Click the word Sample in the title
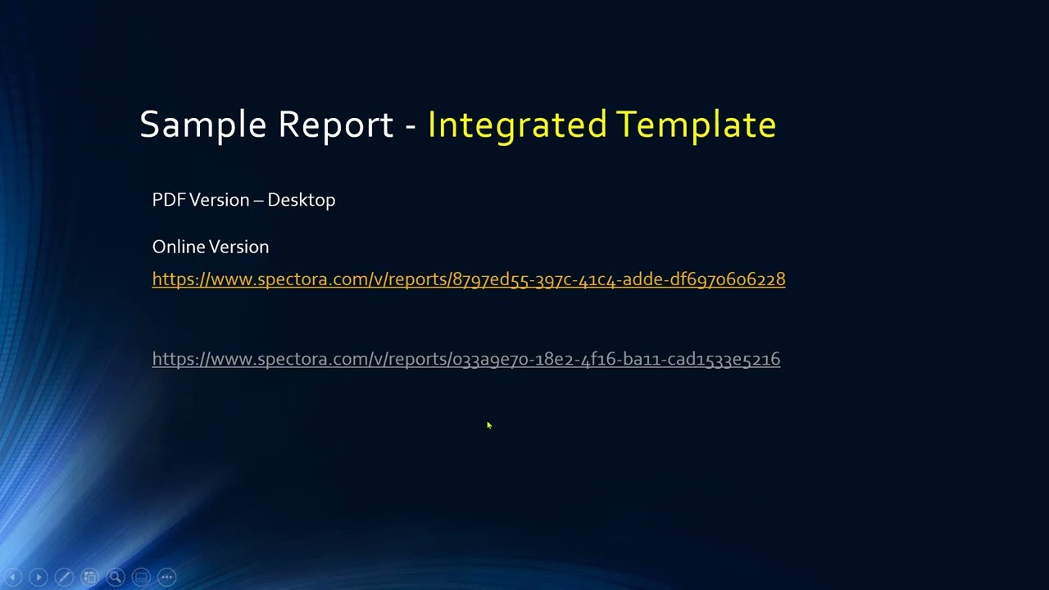click(x=202, y=125)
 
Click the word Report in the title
click(x=335, y=125)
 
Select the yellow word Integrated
click(x=517, y=125)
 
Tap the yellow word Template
click(x=696, y=125)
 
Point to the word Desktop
click(x=301, y=200)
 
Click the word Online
click(x=176, y=247)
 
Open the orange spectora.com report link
click(x=469, y=279)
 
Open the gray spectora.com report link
click(x=466, y=359)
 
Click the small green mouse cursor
click(x=489, y=425)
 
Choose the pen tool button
click(x=64, y=577)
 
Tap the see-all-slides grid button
click(x=90, y=577)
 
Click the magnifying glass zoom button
click(x=116, y=577)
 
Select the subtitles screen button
click(x=141, y=577)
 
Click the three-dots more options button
click(x=166, y=577)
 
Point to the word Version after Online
click(x=237, y=247)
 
